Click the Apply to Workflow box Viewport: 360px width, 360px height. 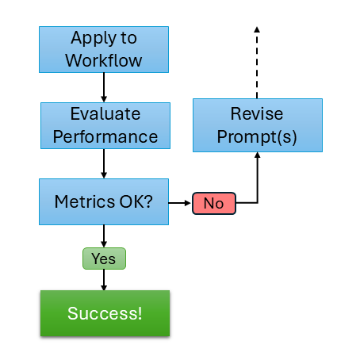(104, 49)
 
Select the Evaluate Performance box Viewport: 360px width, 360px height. (105, 125)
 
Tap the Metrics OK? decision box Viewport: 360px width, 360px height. (104, 201)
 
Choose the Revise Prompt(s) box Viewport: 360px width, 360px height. (258, 125)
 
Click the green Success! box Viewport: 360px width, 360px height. (105, 313)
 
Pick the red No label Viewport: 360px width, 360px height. (214, 203)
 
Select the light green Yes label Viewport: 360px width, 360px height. (104, 259)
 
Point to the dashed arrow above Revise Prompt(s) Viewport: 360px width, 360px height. (257, 63)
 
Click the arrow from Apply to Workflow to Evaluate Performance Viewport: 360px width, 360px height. (104, 87)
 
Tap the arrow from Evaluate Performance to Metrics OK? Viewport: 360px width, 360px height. (104, 163)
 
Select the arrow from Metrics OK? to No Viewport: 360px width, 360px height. (179, 203)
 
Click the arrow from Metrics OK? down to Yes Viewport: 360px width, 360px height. (104, 236)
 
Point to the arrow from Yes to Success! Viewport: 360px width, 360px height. (104, 280)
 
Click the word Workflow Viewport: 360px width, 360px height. (104, 60)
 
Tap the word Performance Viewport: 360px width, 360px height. (105, 137)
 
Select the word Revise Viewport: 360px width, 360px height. (257, 113)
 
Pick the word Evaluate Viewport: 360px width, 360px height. (105, 114)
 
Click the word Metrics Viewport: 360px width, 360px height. (85, 201)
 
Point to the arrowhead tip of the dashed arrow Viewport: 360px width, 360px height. (257, 27)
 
